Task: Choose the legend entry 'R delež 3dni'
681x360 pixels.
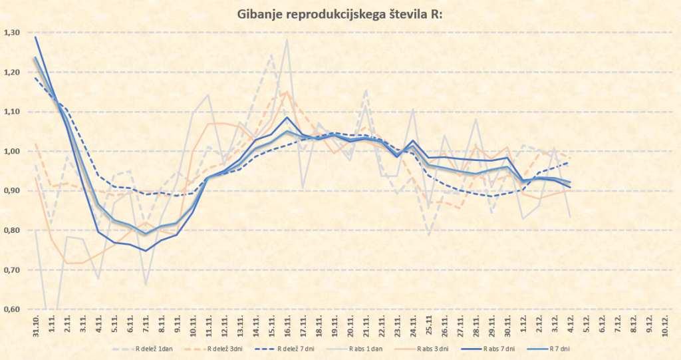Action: [x=225, y=348]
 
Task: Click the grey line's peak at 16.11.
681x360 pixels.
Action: [x=287, y=39]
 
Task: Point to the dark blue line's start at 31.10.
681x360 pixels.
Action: [x=35, y=37]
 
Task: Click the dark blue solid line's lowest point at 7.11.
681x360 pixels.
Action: [x=145, y=251]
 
